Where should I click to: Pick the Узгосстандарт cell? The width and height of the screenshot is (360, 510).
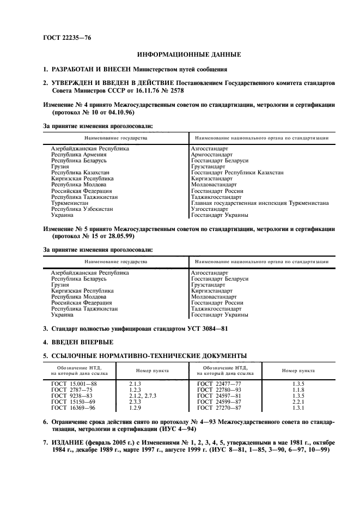point(210,209)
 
